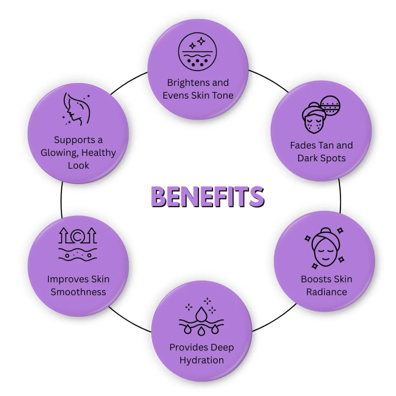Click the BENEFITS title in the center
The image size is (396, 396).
[x=208, y=197]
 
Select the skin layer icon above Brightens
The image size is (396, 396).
[x=197, y=51]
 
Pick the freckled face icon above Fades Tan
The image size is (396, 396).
[x=321, y=114]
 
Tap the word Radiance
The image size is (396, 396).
[x=326, y=292]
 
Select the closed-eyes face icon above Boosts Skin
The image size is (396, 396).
[x=324, y=248]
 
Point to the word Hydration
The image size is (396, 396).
[x=201, y=360]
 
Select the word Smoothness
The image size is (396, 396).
[x=78, y=292]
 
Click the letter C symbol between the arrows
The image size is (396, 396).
[x=78, y=237]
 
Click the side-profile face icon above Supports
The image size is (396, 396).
[x=76, y=109]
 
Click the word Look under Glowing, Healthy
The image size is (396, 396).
[x=78, y=166]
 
